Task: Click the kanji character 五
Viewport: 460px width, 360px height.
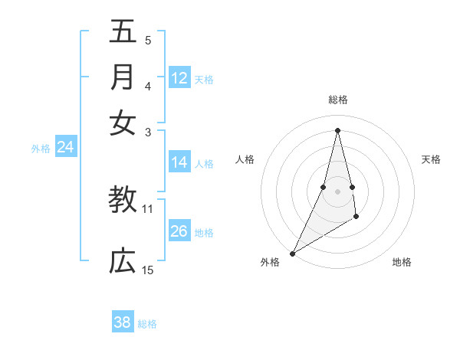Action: click(x=122, y=33)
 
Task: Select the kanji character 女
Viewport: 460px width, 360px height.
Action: click(x=122, y=123)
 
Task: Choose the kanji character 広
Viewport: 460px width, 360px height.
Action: click(x=122, y=261)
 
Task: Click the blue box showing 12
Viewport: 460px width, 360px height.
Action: click(x=179, y=78)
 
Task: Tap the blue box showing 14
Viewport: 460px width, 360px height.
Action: click(x=179, y=162)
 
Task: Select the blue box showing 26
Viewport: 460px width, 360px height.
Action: click(x=179, y=231)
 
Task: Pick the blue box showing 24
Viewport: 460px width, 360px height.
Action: click(x=65, y=148)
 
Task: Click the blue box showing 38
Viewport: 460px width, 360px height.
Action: click(x=123, y=322)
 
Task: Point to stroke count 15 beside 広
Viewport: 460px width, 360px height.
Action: click(x=147, y=270)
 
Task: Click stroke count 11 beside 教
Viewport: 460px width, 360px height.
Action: click(x=147, y=208)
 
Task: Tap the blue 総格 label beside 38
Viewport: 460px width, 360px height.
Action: click(x=147, y=324)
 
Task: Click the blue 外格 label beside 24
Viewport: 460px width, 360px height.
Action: click(x=41, y=149)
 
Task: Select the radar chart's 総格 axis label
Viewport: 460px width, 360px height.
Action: click(x=337, y=100)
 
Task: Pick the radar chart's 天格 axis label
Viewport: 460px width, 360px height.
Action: click(x=431, y=159)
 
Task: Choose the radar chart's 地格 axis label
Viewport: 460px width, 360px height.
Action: click(x=402, y=262)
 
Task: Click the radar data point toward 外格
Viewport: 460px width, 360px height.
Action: click(x=292, y=254)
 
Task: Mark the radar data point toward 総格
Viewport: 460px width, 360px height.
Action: click(x=337, y=129)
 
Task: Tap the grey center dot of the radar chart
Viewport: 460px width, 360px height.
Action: click(x=337, y=191)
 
